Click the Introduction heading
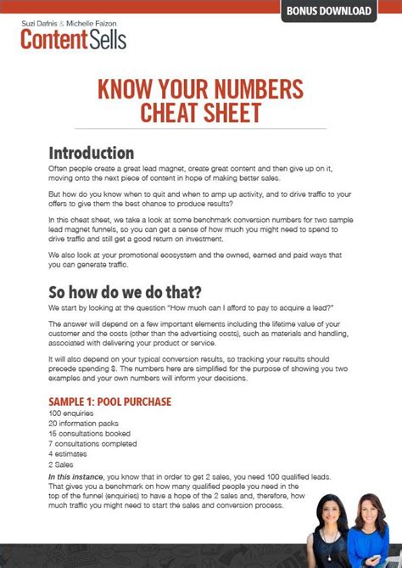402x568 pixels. coord(91,153)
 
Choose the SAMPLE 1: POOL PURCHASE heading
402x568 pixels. coord(110,401)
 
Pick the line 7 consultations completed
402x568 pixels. coord(92,444)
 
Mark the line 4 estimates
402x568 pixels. coord(68,455)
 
